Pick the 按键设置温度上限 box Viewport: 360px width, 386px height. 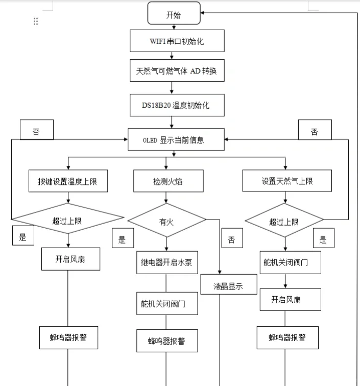[68, 181]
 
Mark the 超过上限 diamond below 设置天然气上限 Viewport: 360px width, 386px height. [284, 222]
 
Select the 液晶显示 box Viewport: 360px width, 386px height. [228, 286]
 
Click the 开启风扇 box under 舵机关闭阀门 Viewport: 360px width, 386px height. [290, 299]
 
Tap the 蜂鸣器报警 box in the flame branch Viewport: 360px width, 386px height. [166, 341]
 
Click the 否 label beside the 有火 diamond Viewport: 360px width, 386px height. [232, 239]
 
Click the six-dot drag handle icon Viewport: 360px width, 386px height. [36, 21]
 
